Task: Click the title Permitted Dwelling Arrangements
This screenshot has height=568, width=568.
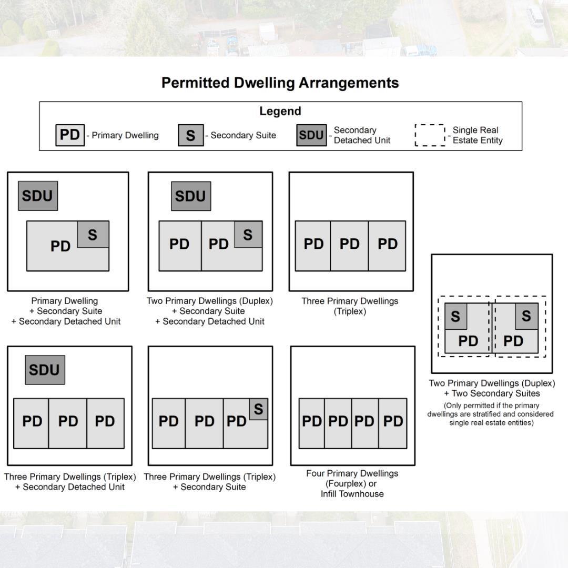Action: (x=280, y=83)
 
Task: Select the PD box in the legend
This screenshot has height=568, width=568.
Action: (x=70, y=135)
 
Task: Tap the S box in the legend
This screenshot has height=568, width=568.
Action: (x=191, y=135)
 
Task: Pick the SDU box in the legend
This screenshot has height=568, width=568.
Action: (x=311, y=135)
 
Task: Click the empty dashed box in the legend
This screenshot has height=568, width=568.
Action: (x=430, y=135)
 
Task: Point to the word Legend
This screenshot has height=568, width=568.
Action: (x=280, y=111)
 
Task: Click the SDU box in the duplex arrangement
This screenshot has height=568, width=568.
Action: (x=191, y=196)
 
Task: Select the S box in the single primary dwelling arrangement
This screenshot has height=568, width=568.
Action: (x=93, y=235)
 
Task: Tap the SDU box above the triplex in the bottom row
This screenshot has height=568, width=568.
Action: (x=45, y=370)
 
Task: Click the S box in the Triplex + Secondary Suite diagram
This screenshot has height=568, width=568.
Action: (x=259, y=409)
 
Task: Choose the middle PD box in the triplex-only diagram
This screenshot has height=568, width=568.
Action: (x=349, y=246)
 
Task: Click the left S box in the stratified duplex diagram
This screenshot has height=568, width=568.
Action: (x=455, y=316)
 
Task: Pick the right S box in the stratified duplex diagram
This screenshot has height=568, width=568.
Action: (x=526, y=316)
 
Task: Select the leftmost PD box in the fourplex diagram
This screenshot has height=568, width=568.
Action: (x=311, y=423)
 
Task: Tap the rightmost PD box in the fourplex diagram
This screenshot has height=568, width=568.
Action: (x=393, y=423)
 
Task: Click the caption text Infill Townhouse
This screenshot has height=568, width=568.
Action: (x=352, y=494)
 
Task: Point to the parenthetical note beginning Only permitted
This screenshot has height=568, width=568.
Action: (x=491, y=414)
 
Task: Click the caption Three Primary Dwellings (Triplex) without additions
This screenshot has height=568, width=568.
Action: (x=350, y=306)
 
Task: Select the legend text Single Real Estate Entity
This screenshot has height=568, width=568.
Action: (x=478, y=135)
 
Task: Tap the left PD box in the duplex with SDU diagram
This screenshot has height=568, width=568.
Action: (x=180, y=246)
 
